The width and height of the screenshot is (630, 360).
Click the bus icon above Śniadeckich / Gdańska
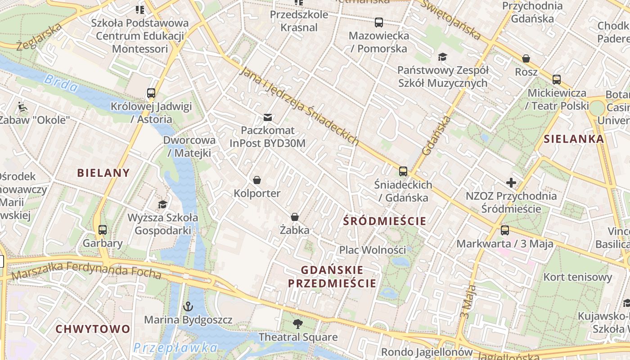coord(403,171)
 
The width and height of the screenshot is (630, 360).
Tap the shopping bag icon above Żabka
coord(295,217)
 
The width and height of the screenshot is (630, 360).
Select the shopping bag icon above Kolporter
coord(257,180)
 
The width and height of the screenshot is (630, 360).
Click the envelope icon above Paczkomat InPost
coord(268,117)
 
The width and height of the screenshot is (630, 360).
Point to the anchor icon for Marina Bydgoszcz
coord(188,307)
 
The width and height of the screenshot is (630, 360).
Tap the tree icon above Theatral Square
coord(297,324)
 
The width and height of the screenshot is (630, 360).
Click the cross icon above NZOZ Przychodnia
coord(511,183)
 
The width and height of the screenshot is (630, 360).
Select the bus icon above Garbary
coord(103,230)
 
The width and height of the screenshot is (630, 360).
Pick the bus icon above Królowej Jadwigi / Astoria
coord(151,93)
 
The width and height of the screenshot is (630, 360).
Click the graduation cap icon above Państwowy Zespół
coord(443,57)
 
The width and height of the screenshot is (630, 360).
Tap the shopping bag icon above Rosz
coord(526,58)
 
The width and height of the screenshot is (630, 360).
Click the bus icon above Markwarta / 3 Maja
coord(505,230)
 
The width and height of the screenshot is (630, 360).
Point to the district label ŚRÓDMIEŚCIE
coord(384,221)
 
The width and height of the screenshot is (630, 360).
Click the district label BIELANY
coord(103,173)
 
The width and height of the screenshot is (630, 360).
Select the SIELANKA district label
coord(574,139)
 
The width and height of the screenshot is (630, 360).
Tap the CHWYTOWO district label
coord(93,329)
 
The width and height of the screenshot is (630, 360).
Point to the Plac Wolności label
coord(372,250)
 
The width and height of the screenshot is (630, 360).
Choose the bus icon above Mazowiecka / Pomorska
coord(379,22)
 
